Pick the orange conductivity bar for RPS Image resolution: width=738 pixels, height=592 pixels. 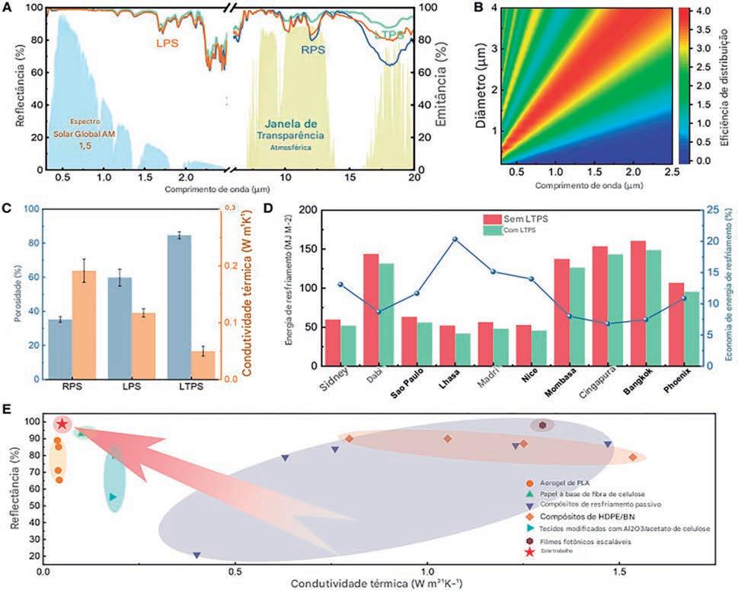pos(84,324)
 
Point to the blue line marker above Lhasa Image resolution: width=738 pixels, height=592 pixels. pos(455,239)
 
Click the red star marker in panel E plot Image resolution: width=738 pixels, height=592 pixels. pos(62,424)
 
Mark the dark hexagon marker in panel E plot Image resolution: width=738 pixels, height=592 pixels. pos(542,425)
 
